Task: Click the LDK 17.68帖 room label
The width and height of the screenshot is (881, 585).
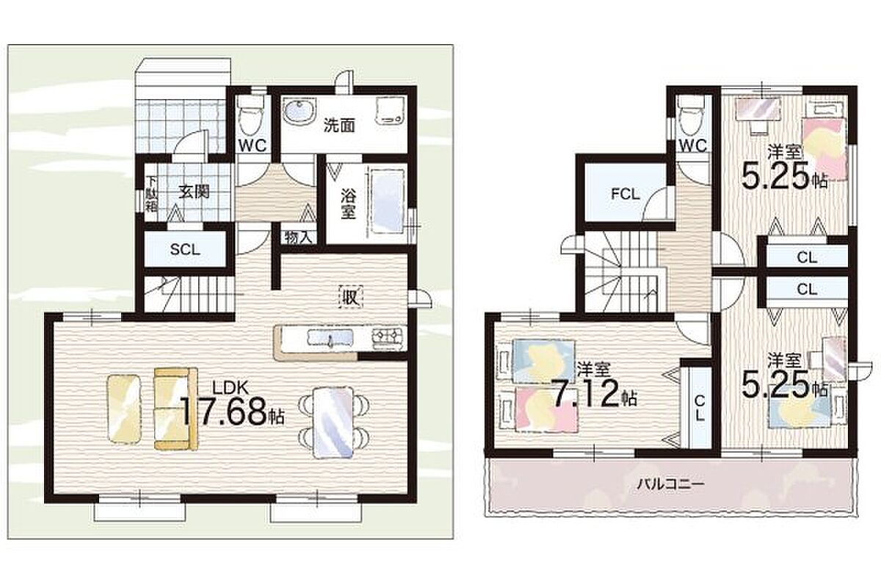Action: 232,406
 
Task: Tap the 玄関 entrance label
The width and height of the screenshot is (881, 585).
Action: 194,192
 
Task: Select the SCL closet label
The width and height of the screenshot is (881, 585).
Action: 185,249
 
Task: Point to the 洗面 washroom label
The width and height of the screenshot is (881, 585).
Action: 339,126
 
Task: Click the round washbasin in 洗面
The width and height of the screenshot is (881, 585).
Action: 300,112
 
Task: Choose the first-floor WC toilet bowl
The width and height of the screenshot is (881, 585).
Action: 253,115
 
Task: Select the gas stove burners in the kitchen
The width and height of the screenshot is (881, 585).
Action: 388,337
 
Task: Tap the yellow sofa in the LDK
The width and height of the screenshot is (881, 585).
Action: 175,409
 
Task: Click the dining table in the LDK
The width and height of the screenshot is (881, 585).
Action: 333,422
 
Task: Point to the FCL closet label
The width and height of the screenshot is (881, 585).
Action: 626,194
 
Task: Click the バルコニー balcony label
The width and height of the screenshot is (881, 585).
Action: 665,483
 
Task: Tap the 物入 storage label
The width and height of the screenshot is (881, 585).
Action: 298,237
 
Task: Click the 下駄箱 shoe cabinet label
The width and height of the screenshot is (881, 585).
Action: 151,194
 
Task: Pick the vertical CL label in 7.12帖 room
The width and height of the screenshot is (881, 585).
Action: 699,408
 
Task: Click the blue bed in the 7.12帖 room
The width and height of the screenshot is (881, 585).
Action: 544,362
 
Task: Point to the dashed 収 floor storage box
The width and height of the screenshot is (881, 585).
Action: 351,296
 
